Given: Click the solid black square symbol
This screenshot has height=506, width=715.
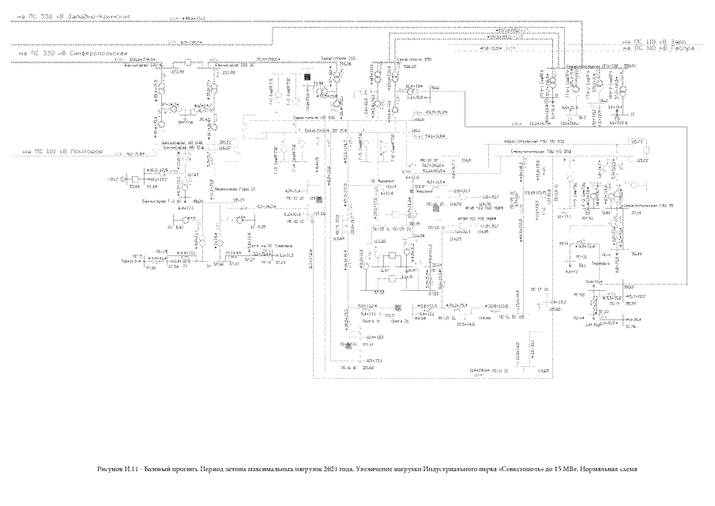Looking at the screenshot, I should [310, 78].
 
